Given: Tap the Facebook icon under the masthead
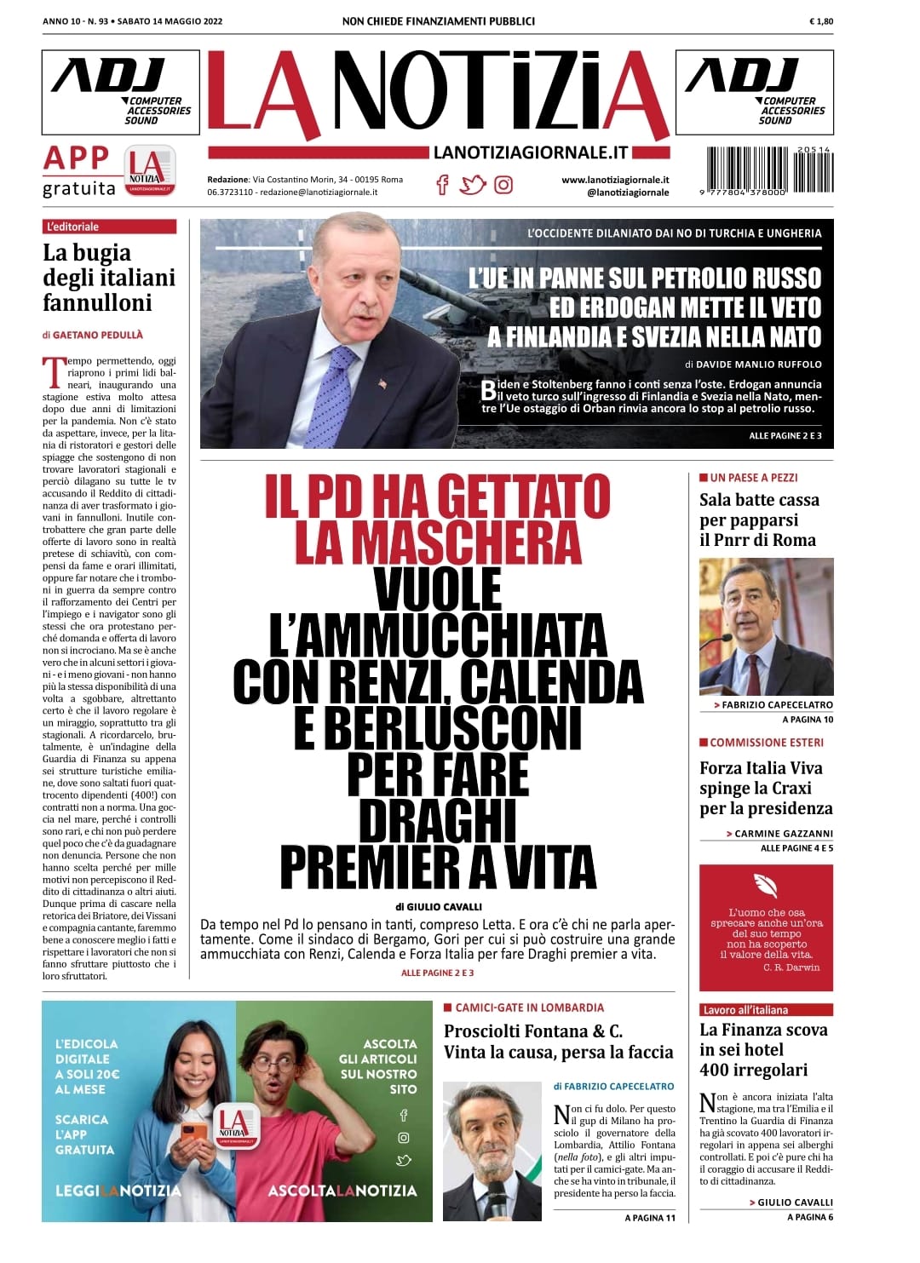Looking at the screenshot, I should [x=442, y=184].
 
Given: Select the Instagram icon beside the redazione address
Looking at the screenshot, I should [x=503, y=184].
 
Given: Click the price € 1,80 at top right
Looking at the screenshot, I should [x=821, y=21].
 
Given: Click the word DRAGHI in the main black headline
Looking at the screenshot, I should [x=438, y=819].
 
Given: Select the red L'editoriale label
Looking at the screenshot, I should [x=109, y=227].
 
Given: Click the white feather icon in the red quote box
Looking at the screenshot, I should [x=765, y=886].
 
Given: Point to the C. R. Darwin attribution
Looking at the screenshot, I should [x=791, y=967].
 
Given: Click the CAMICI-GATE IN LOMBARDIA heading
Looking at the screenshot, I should [x=529, y=1008].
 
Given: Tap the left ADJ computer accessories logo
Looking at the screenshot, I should [x=120, y=92].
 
